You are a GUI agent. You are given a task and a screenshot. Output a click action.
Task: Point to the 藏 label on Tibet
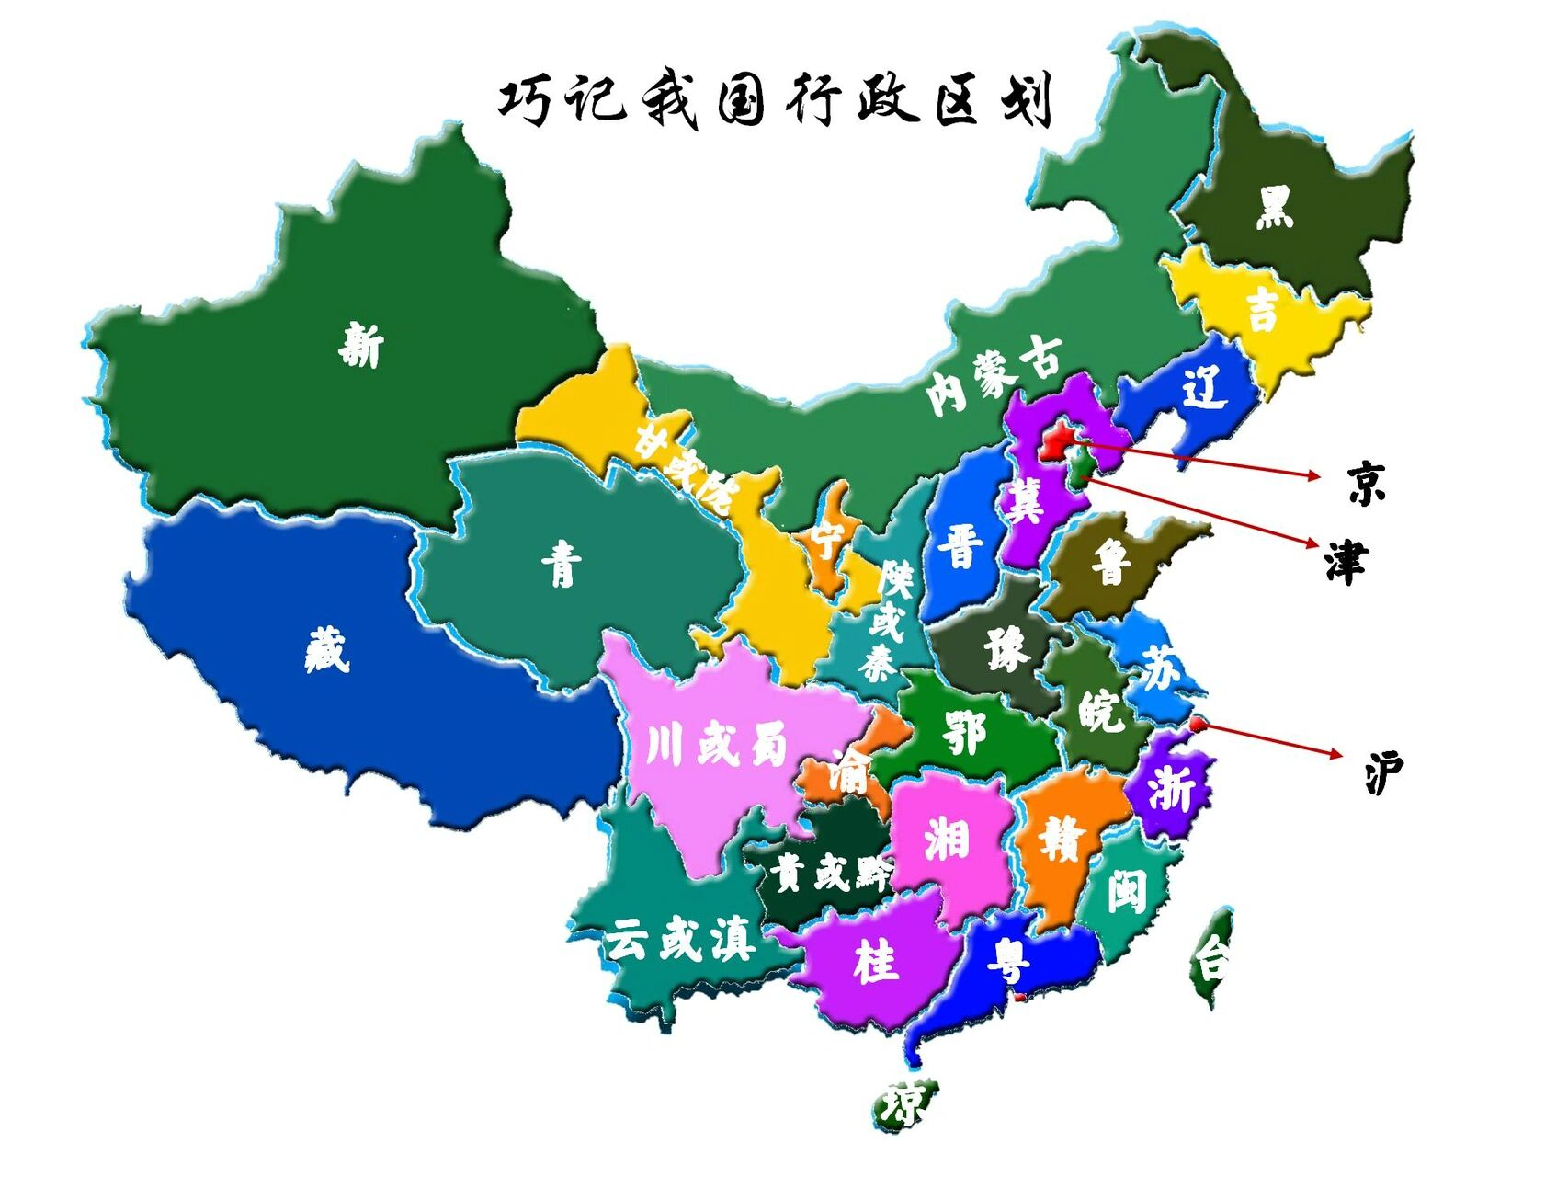pyautogui.click(x=327, y=649)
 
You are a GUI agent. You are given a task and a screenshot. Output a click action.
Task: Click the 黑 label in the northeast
pyautogui.click(x=1275, y=206)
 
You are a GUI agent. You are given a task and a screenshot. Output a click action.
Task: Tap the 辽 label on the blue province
pyautogui.click(x=1204, y=387)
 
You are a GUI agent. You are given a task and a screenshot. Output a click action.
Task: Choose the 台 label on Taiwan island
pyautogui.click(x=1211, y=961)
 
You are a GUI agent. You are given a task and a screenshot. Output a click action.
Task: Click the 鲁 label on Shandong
pyautogui.click(x=1110, y=562)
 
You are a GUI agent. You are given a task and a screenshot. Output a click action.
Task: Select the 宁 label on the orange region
pyautogui.click(x=826, y=540)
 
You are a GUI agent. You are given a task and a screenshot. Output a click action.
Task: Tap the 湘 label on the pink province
pyautogui.click(x=947, y=839)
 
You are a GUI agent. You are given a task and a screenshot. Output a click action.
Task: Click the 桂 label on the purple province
pyautogui.click(x=875, y=962)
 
